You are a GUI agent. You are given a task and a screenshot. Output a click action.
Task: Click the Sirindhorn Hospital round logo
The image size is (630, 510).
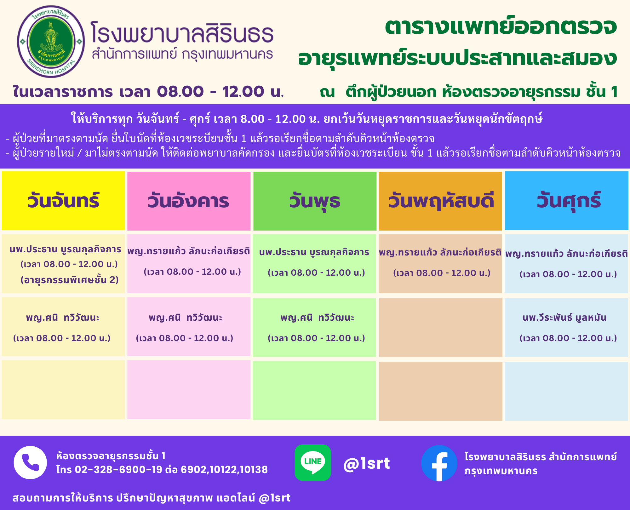click(x=51, y=42)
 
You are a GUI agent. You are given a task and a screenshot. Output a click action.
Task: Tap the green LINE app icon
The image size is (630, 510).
click(x=313, y=462)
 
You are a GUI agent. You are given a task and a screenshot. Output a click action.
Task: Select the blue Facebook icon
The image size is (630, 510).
click(x=439, y=463)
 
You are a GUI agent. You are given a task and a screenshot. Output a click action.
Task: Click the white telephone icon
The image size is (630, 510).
click(x=30, y=462)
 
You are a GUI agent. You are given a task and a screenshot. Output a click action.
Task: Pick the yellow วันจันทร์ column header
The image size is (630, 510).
click(x=63, y=201)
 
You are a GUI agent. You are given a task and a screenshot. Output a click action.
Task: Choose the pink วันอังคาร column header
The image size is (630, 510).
click(x=189, y=201)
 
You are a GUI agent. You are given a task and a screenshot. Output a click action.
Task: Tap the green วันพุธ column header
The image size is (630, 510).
click(x=315, y=201)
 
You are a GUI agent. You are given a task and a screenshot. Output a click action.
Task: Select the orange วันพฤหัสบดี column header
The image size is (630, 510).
click(x=440, y=201)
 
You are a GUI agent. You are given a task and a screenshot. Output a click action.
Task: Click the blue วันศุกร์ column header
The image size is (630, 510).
click(x=567, y=201)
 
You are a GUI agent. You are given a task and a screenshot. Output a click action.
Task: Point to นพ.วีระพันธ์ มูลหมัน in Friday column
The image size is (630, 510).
click(x=564, y=318)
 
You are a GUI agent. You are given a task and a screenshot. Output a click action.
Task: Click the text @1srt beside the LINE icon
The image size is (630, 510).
click(x=367, y=463)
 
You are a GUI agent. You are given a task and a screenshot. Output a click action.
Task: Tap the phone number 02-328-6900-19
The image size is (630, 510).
click(x=118, y=470)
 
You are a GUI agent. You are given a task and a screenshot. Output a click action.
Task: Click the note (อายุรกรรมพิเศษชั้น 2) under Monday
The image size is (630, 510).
click(x=69, y=280)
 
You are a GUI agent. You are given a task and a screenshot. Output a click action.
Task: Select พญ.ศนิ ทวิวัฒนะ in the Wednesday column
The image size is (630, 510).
click(x=318, y=318)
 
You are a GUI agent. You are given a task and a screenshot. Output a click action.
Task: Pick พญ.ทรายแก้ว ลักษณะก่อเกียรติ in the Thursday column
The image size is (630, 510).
click(x=440, y=252)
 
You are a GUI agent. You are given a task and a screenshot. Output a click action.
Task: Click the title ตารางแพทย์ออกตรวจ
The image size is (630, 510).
click(x=501, y=27)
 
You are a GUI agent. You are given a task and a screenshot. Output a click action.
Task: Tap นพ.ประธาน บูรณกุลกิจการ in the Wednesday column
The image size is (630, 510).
click(x=314, y=252)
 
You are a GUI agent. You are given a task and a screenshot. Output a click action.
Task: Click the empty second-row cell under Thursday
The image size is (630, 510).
click(x=441, y=328)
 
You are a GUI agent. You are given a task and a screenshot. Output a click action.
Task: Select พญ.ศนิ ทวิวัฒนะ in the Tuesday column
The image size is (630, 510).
click(x=186, y=318)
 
